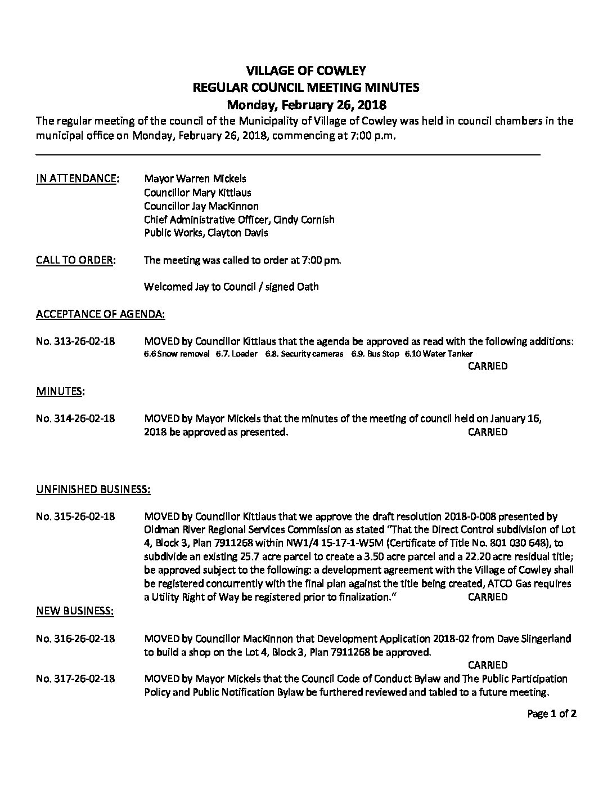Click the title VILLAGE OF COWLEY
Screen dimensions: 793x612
click(307, 71)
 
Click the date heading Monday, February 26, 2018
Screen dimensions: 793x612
click(306, 105)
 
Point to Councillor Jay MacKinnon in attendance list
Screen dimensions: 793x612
click(201, 206)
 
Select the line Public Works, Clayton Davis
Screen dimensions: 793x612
click(206, 233)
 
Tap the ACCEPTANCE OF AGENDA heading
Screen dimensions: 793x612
click(101, 314)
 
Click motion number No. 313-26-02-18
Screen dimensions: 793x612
click(75, 341)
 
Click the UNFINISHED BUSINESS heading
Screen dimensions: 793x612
click(93, 489)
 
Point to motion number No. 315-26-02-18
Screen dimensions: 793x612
click(75, 516)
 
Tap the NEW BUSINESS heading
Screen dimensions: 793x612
click(75, 611)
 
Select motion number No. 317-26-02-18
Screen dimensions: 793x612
click(75, 679)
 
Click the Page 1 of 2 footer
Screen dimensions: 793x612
click(552, 714)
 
